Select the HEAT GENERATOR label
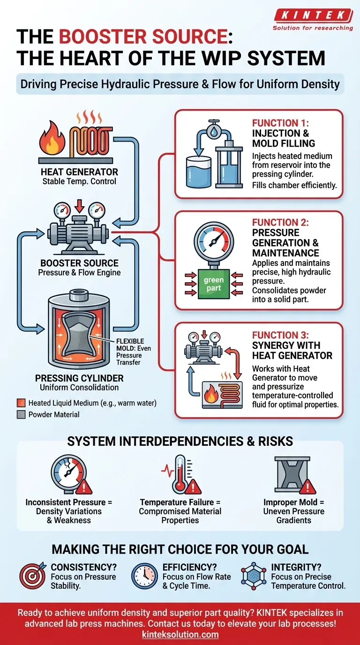coord(79,172)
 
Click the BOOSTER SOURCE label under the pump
coord(79,263)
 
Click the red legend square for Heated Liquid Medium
coord(21,403)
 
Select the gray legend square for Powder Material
coord(21,414)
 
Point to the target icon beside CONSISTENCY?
coord(32,576)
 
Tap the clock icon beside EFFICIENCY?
coord(144,576)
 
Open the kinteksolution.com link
coord(180,634)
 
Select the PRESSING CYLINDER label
coord(79,378)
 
